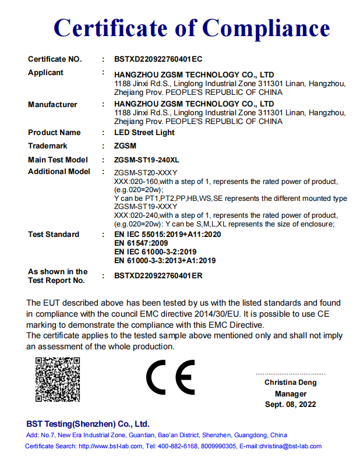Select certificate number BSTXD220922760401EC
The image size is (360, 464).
[x=158, y=59]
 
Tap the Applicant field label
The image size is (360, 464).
[x=46, y=73]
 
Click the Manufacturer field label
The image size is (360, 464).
[x=52, y=105]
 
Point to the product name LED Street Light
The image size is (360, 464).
[x=144, y=133]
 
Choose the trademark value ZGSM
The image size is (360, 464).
[x=126, y=146]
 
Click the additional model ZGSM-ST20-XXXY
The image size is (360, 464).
[x=146, y=173]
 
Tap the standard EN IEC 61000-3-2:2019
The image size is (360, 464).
[x=156, y=252]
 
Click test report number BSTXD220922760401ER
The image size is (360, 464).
[x=158, y=276]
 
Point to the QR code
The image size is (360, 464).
[x=58, y=379]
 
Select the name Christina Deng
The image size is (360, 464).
[x=291, y=382]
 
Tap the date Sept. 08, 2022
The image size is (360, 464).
[x=291, y=404]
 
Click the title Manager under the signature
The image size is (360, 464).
[x=291, y=394]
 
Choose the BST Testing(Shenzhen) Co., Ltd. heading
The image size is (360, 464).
[x=87, y=424]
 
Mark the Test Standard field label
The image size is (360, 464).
[x=54, y=235]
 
